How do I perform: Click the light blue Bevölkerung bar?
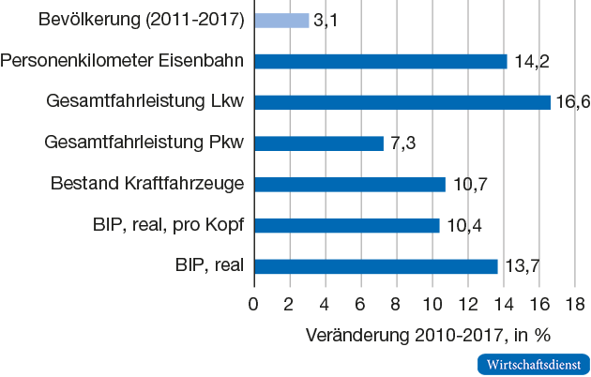coord(280,20)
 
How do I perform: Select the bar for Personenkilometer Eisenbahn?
coord(380,61)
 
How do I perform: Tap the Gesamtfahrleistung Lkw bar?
coord(402,102)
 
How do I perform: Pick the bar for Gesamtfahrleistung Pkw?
coord(319,143)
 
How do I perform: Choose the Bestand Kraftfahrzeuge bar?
coord(349,184)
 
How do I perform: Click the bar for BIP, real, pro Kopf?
coord(346,225)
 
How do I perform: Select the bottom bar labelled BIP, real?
coord(375,266)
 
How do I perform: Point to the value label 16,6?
coord(572,102)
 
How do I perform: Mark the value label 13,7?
coord(522,266)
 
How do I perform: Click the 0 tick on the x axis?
coord(253,303)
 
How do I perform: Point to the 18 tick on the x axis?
coord(574,303)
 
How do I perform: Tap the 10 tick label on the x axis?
coord(432,303)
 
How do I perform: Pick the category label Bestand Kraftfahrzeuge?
coord(147,184)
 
